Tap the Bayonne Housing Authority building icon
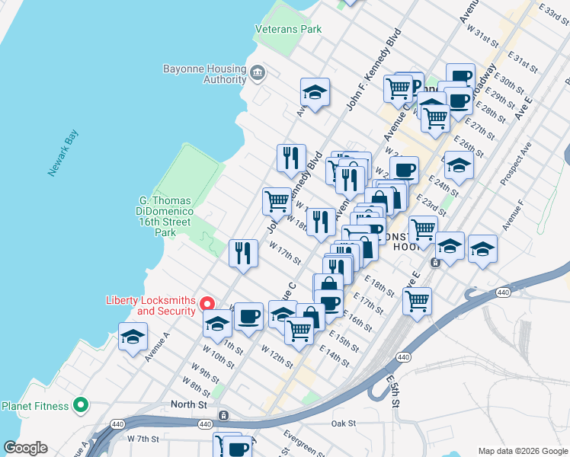click(258, 74)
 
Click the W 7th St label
click(143, 439)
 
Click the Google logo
click(25, 448)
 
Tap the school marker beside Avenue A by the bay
click(133, 337)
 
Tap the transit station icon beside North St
click(223, 415)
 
